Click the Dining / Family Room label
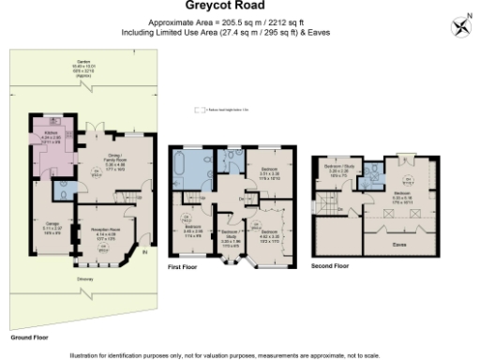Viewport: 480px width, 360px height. pos(114,162)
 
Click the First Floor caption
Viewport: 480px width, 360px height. pos(182,267)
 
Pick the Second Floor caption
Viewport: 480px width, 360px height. pos(330,266)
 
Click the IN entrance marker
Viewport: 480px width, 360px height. pos(143,251)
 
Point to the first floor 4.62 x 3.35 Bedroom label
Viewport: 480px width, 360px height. pos(268,232)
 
